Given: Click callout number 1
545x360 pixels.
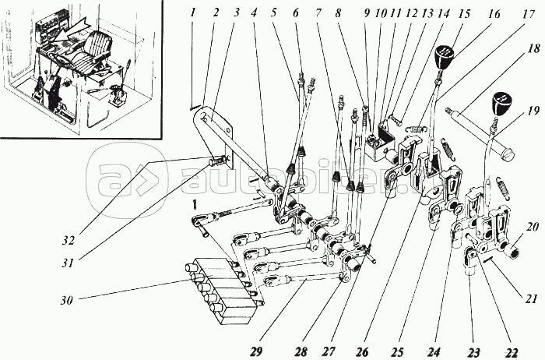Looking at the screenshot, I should coord(192,12).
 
